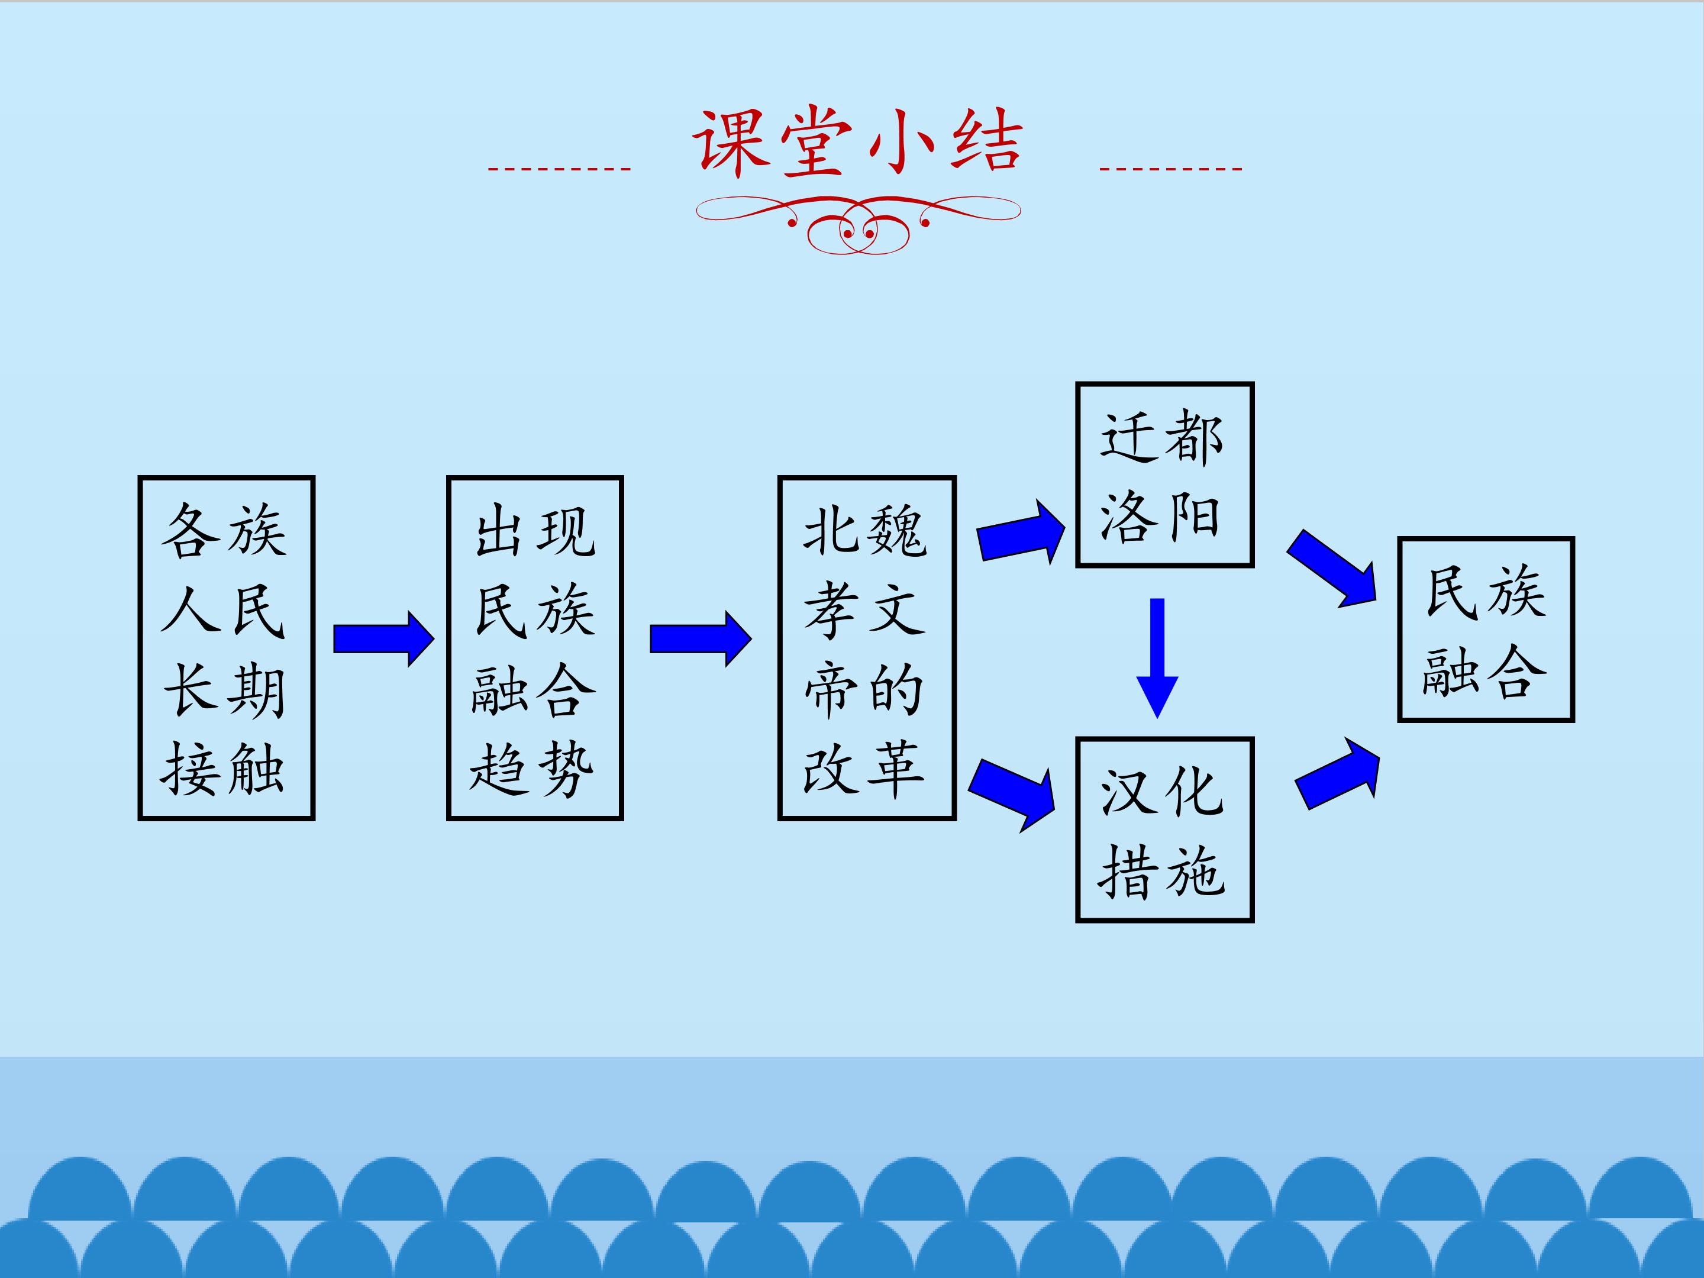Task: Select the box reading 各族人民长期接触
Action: click(227, 648)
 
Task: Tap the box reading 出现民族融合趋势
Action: click(535, 648)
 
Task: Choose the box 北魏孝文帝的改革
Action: click(867, 648)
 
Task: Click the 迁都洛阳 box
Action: click(1164, 475)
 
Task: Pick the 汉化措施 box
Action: click(1164, 830)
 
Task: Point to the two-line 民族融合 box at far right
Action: click(1485, 630)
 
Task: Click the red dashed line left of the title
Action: click(559, 168)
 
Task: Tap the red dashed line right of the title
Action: click(1170, 168)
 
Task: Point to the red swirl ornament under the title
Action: click(858, 224)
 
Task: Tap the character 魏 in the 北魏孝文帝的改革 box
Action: click(897, 531)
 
